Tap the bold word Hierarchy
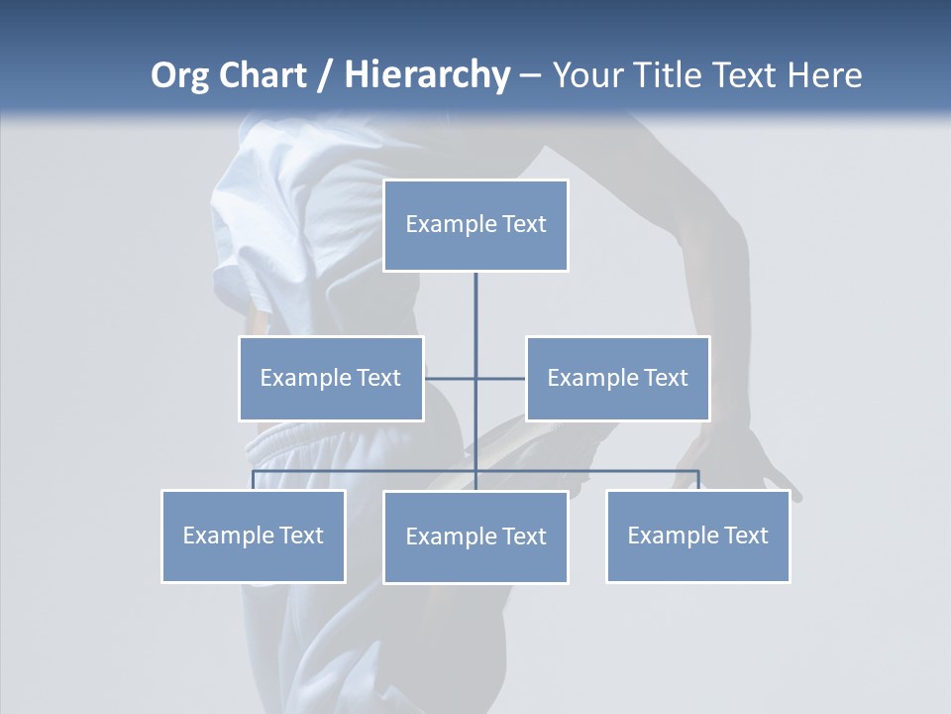pyautogui.click(x=427, y=75)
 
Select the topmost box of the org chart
pyautogui.click(x=475, y=225)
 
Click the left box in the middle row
pyautogui.click(x=331, y=378)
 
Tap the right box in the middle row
pyautogui.click(x=617, y=378)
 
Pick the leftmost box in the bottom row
pyautogui.click(x=254, y=536)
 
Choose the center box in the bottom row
pyautogui.click(x=475, y=537)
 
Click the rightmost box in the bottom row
pyautogui.click(x=698, y=536)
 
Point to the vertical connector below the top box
pyautogui.click(x=475, y=307)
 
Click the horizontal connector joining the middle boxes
pyautogui.click(x=451, y=378)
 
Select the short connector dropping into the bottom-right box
pyautogui.click(x=698, y=480)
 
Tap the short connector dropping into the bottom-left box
pyautogui.click(x=254, y=480)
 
